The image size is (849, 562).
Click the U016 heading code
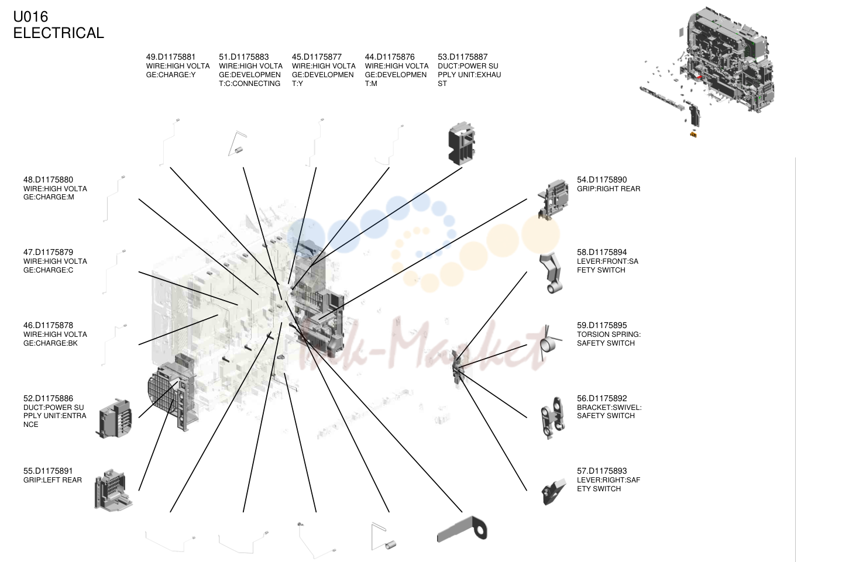click(30, 16)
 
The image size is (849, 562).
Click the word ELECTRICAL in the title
click(59, 33)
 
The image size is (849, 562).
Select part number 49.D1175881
click(170, 57)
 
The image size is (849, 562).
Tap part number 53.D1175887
click(462, 57)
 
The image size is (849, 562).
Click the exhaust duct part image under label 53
click(462, 143)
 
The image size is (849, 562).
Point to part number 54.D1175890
click(602, 180)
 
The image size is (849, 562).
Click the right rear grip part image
click(554, 199)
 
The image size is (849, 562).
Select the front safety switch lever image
click(551, 273)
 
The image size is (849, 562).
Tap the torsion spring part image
click(548, 343)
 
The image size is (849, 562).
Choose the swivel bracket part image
click(553, 418)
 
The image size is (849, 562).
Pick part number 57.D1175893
click(602, 471)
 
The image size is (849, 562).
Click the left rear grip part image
click(113, 491)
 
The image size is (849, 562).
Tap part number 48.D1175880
click(48, 180)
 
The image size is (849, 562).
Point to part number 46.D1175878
click(48, 325)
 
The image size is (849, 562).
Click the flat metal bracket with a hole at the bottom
click(462, 529)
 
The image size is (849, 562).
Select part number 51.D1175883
click(244, 57)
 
